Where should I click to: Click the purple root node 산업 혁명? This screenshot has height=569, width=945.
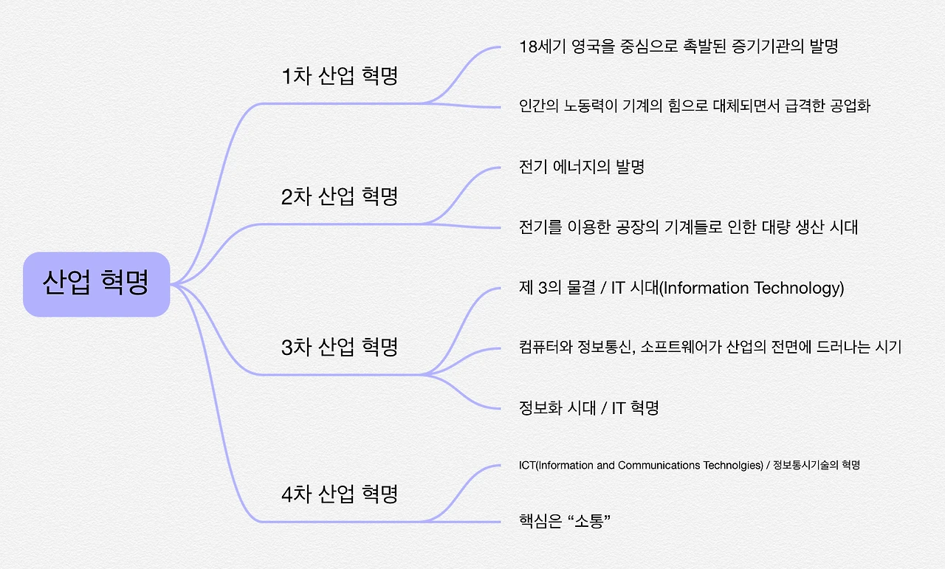[96, 283]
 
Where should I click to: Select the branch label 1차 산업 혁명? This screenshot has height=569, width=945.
[340, 76]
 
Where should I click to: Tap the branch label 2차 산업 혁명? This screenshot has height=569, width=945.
[340, 196]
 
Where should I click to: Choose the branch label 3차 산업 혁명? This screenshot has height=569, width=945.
[340, 347]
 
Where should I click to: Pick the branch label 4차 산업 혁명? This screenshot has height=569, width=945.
[340, 494]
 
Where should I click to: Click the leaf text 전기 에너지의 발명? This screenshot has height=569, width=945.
[582, 167]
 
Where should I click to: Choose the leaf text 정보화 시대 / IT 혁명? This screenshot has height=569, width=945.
[589, 407]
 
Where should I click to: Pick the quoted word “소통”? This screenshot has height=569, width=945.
[590, 522]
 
